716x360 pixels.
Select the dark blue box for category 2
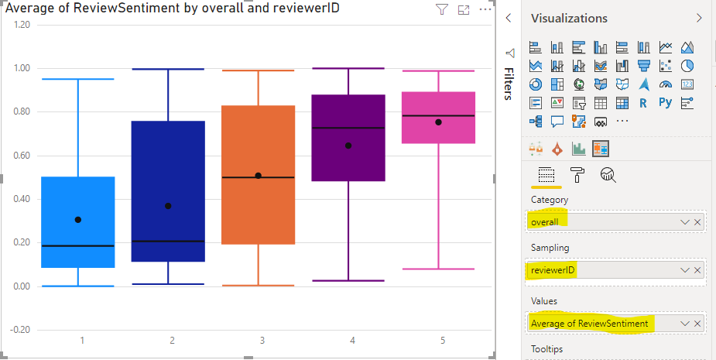(x=168, y=194)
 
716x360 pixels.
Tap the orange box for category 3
(x=258, y=209)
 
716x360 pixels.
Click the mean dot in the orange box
(x=259, y=176)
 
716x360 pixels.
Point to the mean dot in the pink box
(x=439, y=122)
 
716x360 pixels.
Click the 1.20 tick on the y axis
(x=22, y=25)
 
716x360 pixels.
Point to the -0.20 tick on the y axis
(x=21, y=330)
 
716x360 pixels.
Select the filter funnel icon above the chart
(x=442, y=9)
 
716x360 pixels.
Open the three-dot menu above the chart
(x=485, y=9)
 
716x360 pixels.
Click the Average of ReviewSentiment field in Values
(x=589, y=323)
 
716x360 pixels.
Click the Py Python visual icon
(x=665, y=102)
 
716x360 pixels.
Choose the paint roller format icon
(x=577, y=176)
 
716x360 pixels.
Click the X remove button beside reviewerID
(x=697, y=270)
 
